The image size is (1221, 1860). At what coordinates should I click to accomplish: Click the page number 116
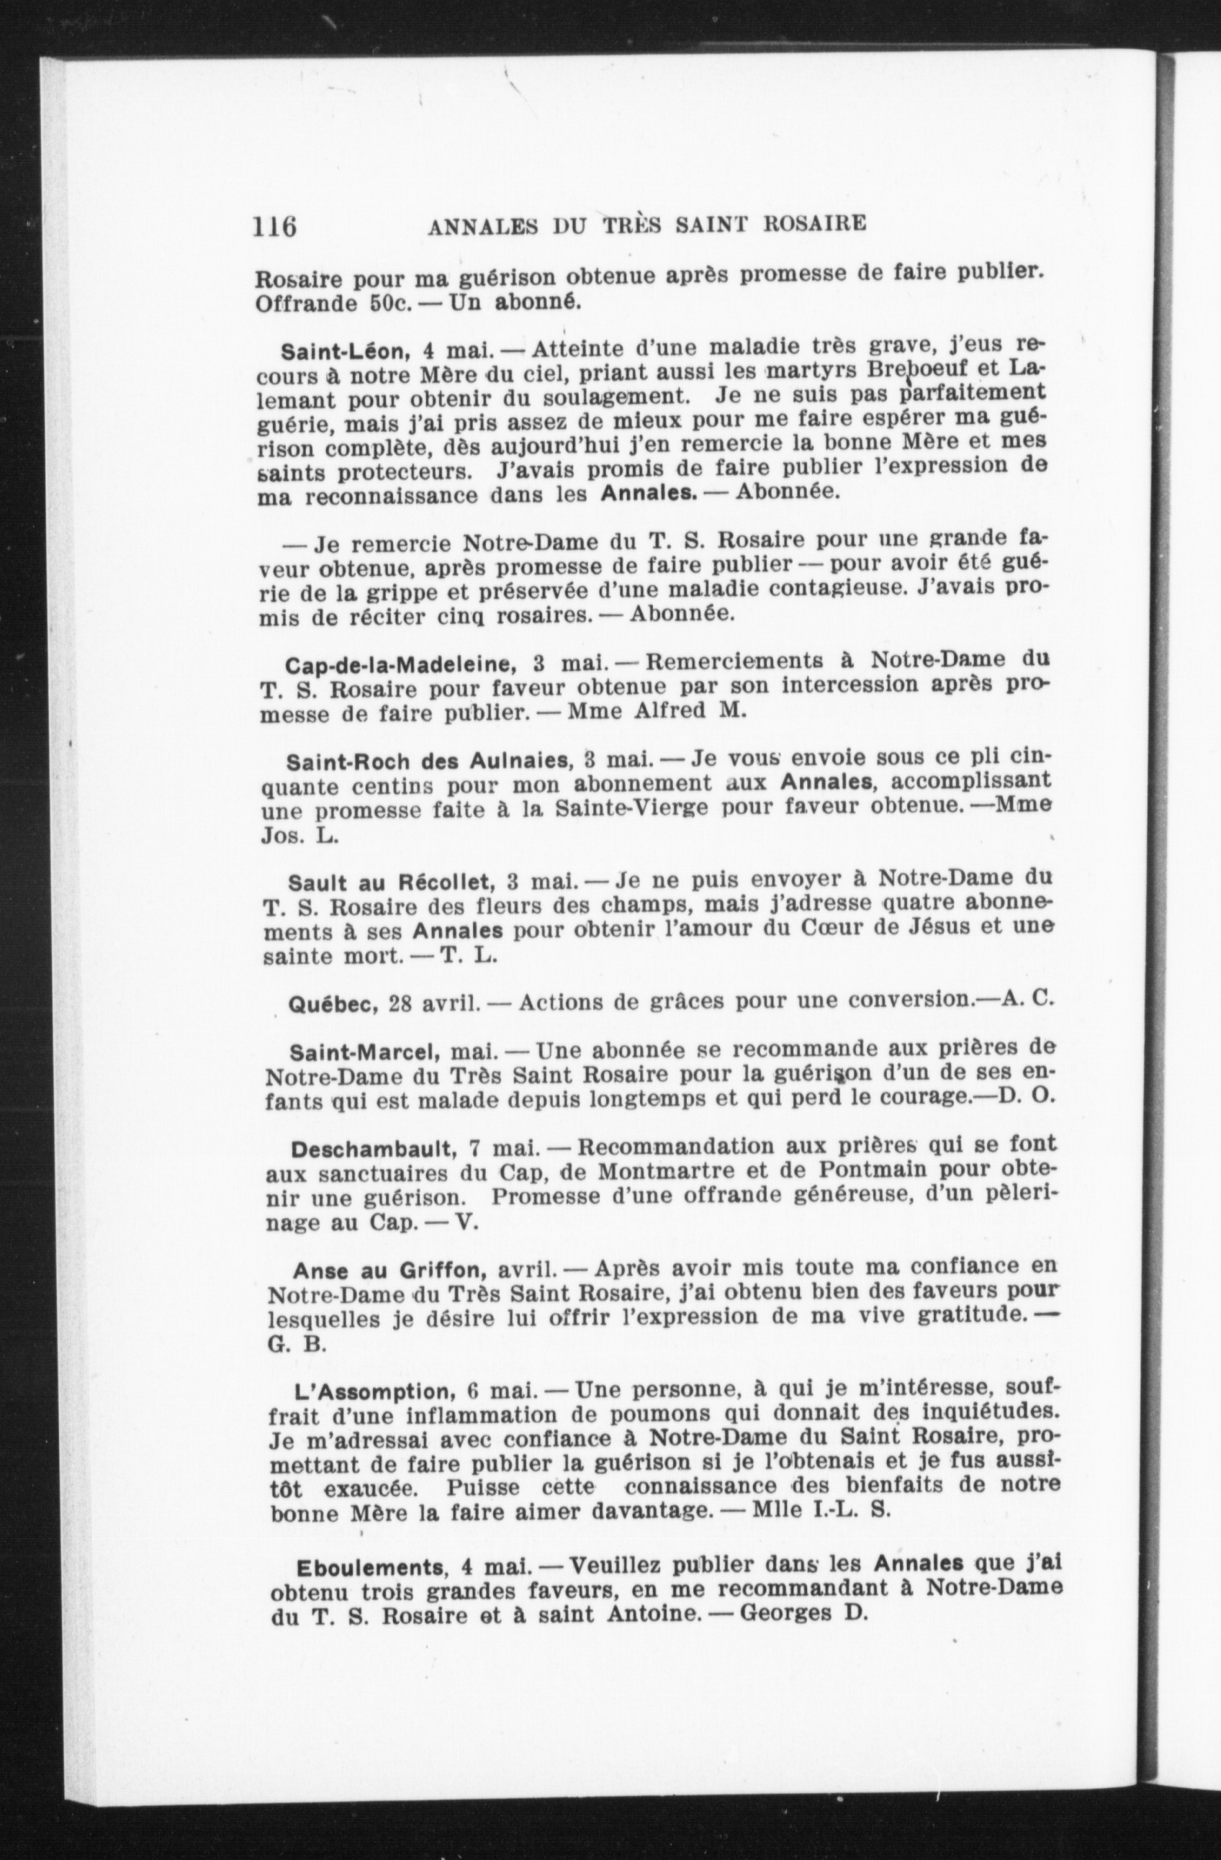point(274,227)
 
